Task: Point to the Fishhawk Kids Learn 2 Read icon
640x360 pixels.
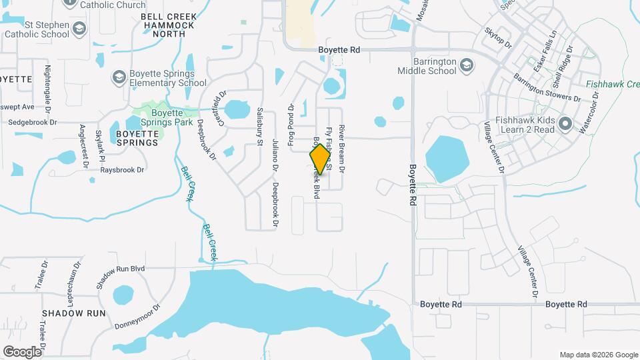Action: [x=566, y=124]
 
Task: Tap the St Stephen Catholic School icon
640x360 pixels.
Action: [x=79, y=29]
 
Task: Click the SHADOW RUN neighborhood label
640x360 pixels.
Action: [x=74, y=313]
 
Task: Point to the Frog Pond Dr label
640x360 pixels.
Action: [x=291, y=119]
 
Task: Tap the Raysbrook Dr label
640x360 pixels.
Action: [x=122, y=170]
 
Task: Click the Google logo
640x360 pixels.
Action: [x=22, y=351]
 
